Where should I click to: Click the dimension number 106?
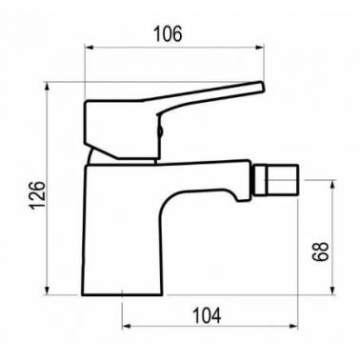[168, 34]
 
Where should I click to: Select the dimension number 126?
[37, 194]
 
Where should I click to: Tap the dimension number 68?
[320, 251]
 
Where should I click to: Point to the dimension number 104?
[207, 316]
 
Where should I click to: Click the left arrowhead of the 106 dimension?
[89, 48]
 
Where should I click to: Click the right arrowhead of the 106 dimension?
[260, 48]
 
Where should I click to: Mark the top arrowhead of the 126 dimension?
[48, 87]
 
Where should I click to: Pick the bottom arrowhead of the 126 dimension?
[48, 290]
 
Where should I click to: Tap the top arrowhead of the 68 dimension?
[332, 185]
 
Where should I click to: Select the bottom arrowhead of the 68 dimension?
[332, 290]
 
